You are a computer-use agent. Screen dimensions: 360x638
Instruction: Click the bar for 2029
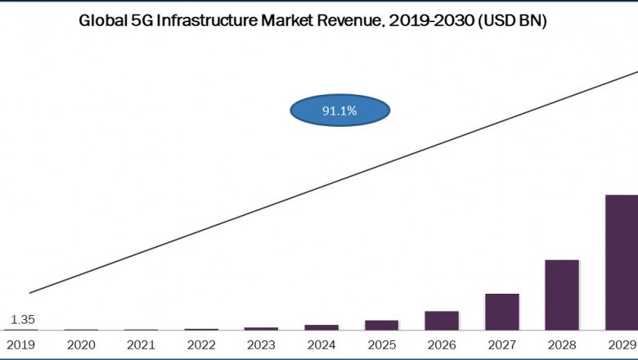[622, 262]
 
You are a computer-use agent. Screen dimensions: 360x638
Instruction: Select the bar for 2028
[562, 295]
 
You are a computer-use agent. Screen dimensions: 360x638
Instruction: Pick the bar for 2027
[501, 312]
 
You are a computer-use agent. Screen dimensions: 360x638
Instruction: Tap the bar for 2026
[442, 320]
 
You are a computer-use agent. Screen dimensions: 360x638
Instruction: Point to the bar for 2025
[381, 325]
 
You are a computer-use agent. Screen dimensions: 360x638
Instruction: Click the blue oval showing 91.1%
[339, 110]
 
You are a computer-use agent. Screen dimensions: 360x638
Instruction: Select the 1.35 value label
[23, 320]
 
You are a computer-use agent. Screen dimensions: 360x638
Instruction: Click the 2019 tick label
[20, 345]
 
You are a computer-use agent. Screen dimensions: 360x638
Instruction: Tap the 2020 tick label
[80, 345]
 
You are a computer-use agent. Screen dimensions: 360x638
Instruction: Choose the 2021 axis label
[141, 345]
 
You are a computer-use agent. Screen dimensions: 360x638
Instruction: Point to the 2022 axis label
[200, 345]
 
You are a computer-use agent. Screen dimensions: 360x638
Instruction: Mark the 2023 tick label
[261, 345]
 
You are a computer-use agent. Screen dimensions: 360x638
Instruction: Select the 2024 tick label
[321, 345]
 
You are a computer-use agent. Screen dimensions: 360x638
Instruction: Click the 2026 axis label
[442, 345]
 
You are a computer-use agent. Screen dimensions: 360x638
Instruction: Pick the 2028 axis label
[562, 345]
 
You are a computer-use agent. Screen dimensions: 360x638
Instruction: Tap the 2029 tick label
[622, 345]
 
